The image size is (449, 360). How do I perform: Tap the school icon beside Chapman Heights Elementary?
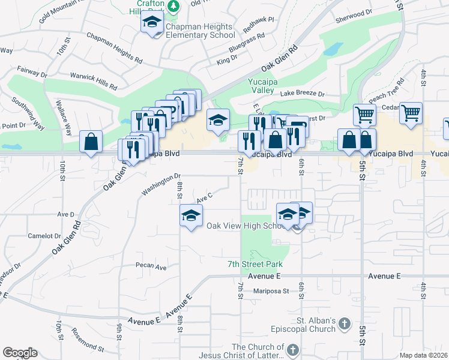pyautogui.click(x=152, y=24)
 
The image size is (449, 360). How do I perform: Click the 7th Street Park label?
pyautogui.click(x=255, y=264)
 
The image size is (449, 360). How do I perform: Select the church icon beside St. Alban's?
pyautogui.click(x=343, y=324)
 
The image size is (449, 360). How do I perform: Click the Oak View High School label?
pyautogui.click(x=246, y=226)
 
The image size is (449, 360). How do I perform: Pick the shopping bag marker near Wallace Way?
pyautogui.click(x=91, y=142)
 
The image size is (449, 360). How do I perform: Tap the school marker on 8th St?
pyautogui.click(x=191, y=215)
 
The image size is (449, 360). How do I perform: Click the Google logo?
pyautogui.click(x=20, y=353)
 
